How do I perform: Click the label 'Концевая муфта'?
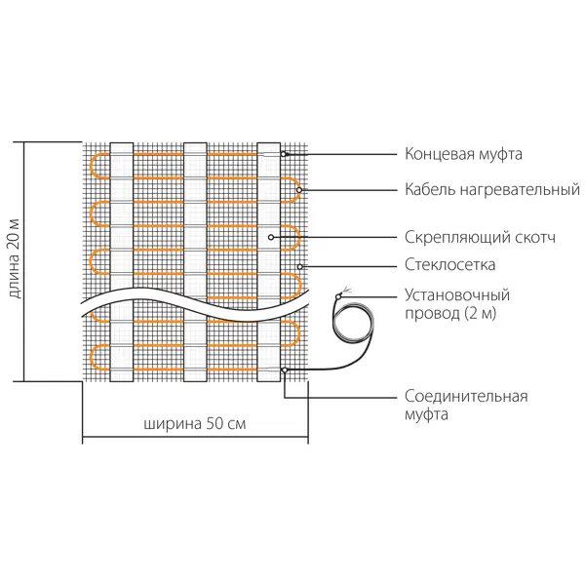coord(463,154)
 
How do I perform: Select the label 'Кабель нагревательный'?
coord(492,190)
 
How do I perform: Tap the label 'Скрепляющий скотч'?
coord(480,237)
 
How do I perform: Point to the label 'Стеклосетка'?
coord(449,265)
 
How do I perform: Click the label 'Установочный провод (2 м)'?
coord(457,304)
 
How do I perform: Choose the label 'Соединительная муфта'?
coord(466,406)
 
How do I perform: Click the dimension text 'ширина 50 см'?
coord(195,424)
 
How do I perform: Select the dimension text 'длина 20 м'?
coord(14,258)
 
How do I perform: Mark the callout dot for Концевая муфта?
coord(284,154)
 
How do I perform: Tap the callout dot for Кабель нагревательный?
coord(299,190)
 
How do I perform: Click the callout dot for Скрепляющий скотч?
coord(271,237)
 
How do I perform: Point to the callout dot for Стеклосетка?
coord(300,267)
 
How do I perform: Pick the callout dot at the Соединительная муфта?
coord(285,370)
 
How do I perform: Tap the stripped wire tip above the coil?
coord(345,291)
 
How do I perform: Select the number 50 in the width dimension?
coord(214,424)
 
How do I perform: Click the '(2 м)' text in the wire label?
coord(481,313)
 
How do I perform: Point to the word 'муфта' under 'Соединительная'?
coord(426,415)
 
